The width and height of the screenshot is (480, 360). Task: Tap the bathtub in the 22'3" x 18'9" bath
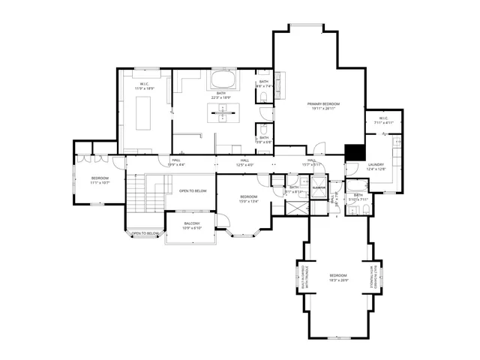click(x=222, y=79)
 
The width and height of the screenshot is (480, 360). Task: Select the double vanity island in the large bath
click(x=222, y=112)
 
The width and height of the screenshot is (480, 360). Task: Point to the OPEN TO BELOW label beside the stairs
click(x=193, y=190)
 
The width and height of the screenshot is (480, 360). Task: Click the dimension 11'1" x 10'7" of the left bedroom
click(x=100, y=182)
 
